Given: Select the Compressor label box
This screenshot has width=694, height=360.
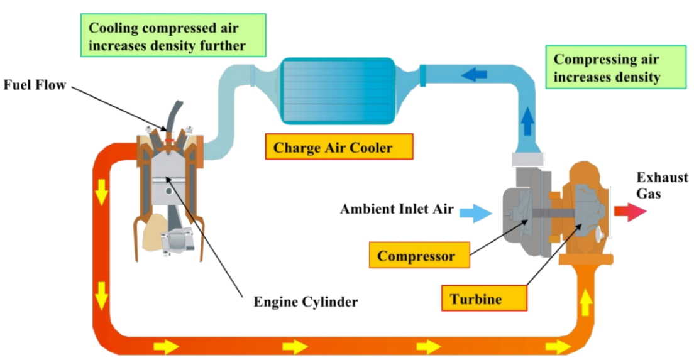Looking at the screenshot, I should [x=416, y=256].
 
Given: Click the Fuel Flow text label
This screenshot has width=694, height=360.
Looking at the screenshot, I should [x=35, y=85].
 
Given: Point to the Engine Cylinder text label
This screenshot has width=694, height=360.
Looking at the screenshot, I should [x=305, y=302].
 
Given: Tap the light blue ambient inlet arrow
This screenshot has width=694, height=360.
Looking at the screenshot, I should [x=475, y=213].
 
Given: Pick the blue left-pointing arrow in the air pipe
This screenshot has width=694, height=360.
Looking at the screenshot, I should [x=475, y=75].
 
